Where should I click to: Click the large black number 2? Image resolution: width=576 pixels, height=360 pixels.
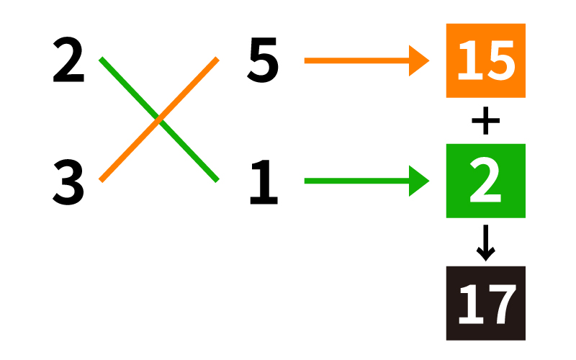point(68,60)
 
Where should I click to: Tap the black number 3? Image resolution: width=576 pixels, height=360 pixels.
point(68,182)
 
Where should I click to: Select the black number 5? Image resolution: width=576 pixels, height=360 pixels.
point(263,60)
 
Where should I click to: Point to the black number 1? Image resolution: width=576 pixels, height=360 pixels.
point(264,182)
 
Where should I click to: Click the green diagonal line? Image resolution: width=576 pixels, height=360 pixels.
point(159,120)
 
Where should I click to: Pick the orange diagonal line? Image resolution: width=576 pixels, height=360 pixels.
point(159,120)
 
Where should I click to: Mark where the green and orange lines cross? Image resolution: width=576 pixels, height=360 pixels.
point(159,120)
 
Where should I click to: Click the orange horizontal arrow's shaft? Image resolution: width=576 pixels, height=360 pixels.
point(356,60)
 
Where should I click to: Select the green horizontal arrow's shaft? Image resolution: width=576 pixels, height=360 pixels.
point(356,181)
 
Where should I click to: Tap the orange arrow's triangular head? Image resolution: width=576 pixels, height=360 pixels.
point(418,60)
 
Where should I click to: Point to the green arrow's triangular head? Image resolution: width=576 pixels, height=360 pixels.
point(418,181)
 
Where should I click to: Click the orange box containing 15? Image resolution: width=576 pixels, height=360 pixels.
point(485,60)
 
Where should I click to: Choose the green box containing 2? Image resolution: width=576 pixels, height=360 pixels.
point(485,181)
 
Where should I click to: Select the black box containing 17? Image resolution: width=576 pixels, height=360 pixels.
point(485,303)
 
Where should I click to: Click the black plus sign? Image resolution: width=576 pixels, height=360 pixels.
point(485,120)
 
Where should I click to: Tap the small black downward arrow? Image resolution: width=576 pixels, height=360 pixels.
point(485,243)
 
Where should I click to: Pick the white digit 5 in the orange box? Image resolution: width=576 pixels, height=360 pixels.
point(501,60)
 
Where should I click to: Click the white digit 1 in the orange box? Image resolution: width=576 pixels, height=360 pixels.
point(470,60)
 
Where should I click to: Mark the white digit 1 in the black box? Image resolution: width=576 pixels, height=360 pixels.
point(471,304)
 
